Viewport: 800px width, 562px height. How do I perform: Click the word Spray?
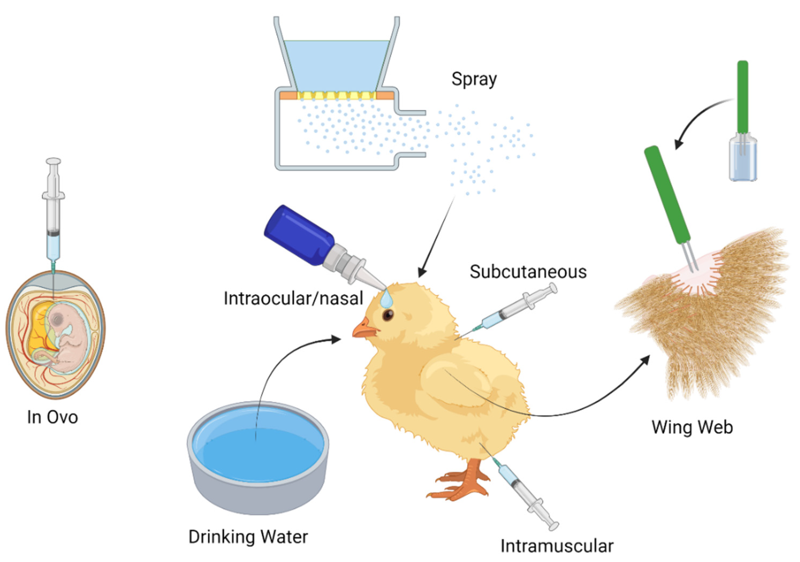tap(474, 79)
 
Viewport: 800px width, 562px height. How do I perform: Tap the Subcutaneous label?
tap(528, 272)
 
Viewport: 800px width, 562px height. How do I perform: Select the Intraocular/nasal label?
tap(293, 298)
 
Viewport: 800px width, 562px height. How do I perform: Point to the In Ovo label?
tap(53, 417)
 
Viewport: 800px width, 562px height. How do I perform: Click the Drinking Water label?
tap(248, 537)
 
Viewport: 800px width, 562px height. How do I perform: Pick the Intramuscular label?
tap(557, 546)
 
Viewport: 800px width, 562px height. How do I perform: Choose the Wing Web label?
tap(692, 427)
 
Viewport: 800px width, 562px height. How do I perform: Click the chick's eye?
tap(388, 315)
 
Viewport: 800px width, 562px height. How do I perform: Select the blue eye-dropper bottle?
tap(300, 235)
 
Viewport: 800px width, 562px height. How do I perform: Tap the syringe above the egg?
tap(54, 216)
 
